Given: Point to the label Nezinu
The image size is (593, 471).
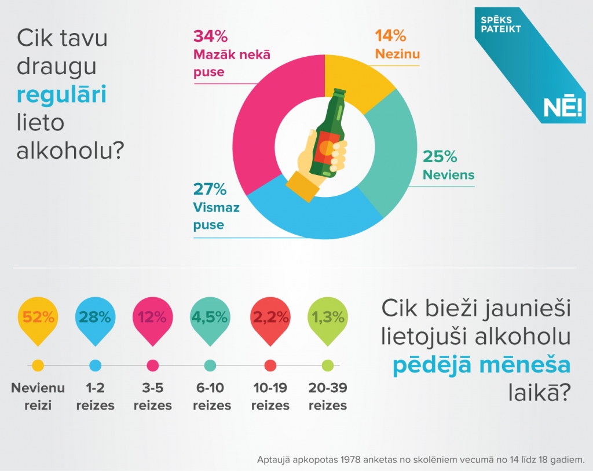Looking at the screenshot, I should point(397,54).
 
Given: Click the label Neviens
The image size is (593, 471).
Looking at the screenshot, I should point(448,174).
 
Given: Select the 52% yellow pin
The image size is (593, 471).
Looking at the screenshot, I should point(38,318).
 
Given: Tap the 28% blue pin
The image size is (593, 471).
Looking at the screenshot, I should point(96,318).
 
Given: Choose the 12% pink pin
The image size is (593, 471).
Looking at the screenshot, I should point(153,318).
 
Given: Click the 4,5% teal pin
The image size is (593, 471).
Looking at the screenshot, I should point(211,318).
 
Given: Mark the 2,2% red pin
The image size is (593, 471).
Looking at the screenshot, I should point(270,318).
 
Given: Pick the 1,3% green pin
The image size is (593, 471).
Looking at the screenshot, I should point(328,318).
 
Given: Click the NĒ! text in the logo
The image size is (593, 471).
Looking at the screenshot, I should point(562,108).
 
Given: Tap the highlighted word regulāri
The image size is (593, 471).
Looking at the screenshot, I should point(61,95).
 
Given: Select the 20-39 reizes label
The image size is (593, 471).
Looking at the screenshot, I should point(328,396).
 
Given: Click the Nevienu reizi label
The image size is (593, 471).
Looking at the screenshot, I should point(38,396).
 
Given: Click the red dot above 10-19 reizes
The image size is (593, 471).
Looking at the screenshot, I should point(270,366).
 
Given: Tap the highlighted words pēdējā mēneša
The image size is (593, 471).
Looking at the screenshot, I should point(481,366).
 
